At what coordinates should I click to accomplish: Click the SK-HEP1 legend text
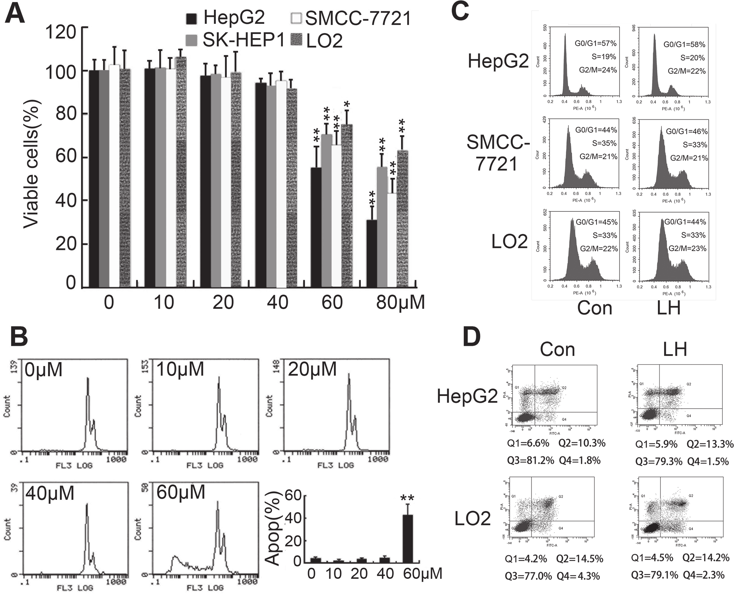pos(244,40)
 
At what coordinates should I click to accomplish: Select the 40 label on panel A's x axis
pos(277,302)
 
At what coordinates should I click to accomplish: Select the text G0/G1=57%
pos(595,44)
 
